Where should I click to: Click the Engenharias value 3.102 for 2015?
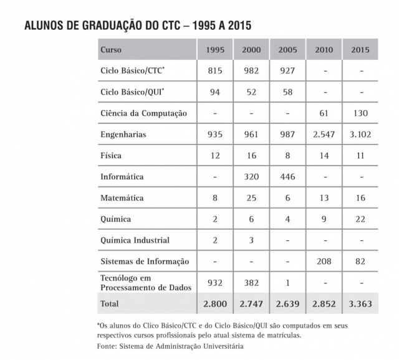tap(360, 135)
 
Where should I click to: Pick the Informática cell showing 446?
tap(288, 177)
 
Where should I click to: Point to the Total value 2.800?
tap(214, 304)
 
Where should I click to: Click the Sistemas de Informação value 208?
tap(324, 262)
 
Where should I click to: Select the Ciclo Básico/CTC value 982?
tap(251, 71)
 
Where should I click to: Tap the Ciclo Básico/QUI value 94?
tap(214, 92)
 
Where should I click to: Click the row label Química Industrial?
tap(135, 240)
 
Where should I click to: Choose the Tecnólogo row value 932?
tap(214, 283)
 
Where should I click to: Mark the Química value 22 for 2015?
tap(360, 219)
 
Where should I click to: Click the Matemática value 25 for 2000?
tap(251, 198)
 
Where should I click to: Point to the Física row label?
tap(110, 156)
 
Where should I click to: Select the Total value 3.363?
tap(360, 304)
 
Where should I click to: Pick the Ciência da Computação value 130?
tap(360, 113)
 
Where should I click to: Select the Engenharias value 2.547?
tap(324, 135)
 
